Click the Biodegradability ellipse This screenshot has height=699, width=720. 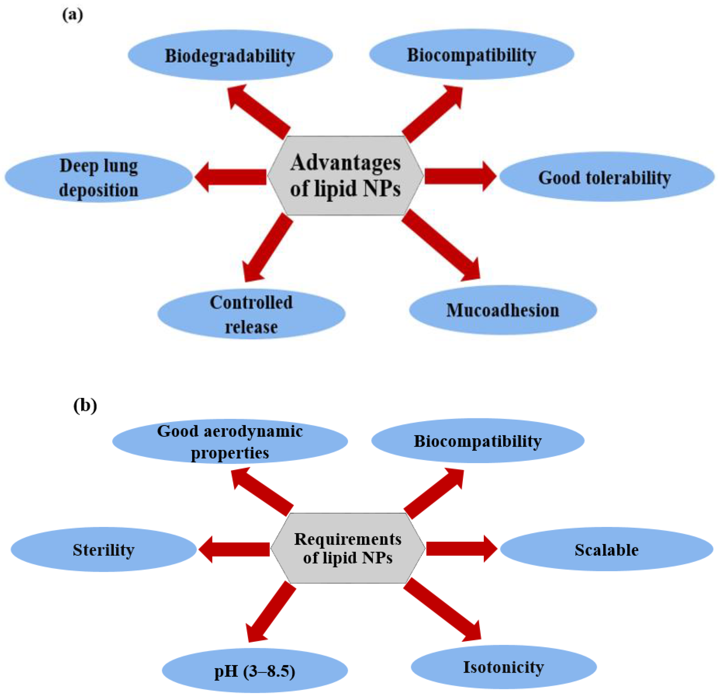tap(230, 55)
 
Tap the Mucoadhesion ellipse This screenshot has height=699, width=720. tap(502, 310)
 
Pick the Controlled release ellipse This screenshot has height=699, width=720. tap(251, 314)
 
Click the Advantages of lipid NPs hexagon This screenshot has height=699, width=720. tap(345, 176)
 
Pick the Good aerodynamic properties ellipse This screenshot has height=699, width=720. tap(230, 441)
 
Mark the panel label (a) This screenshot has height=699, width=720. tap(72, 15)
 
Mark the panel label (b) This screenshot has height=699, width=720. tap(85, 406)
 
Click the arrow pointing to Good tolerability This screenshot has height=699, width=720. tap(459, 176)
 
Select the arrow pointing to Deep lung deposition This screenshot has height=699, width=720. tap(232, 177)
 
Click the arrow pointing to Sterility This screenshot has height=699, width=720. tap(235, 549)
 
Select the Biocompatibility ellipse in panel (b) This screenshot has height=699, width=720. tap(477, 440)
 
